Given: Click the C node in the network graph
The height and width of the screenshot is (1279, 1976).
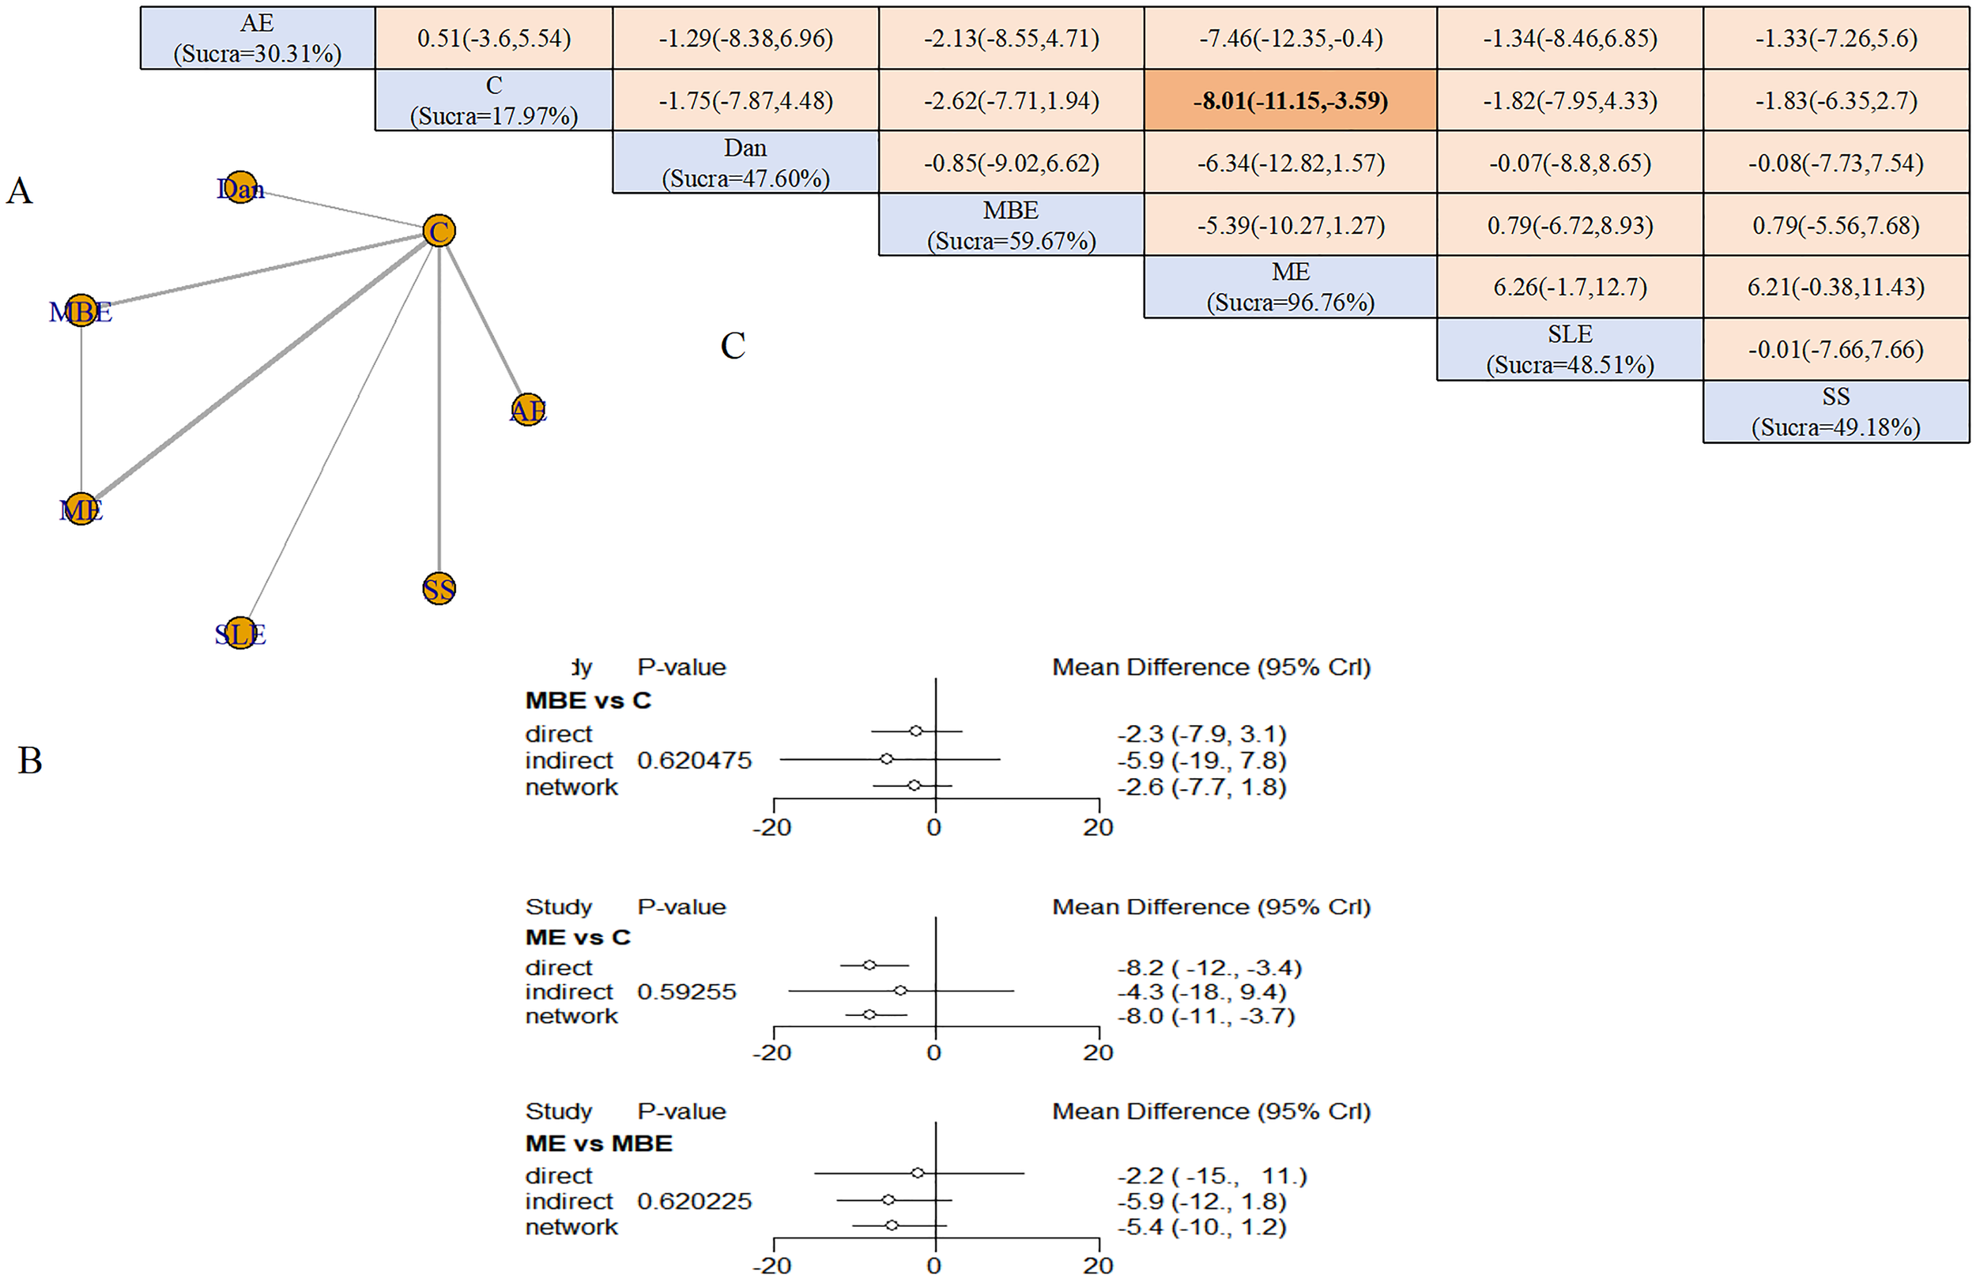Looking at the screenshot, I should pos(439,230).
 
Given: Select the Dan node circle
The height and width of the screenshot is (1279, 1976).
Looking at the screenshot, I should pos(241,187).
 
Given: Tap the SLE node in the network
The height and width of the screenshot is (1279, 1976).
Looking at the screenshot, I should pos(241,634).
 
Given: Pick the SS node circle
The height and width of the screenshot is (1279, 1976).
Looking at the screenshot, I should pos(439,589).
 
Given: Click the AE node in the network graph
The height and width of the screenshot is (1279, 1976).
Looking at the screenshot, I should pos(528,409).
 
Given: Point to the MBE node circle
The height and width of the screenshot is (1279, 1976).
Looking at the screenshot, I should pos(81,310).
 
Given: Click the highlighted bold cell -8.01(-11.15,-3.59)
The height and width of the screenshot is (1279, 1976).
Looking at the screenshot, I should pos(1289,100).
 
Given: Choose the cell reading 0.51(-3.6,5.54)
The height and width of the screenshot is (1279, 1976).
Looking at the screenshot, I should pos(493,38).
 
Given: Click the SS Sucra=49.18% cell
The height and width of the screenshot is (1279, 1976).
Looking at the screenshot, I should pos(1835,412).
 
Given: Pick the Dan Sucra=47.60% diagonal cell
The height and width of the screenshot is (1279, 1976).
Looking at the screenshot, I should pos(745,163).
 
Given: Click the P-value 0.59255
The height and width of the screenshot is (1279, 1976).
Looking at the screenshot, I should pos(686,991).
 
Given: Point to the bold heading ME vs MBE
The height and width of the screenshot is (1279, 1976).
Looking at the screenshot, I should pos(598,1144).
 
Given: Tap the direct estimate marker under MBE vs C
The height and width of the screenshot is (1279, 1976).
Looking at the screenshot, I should pos(915,732).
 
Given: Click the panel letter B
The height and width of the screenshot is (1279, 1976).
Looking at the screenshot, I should pos(30,760).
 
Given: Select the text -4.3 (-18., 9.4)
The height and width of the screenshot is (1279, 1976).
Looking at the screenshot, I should pos(1201,991).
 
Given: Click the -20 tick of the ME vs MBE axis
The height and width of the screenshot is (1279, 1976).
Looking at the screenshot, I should pos(772,1265).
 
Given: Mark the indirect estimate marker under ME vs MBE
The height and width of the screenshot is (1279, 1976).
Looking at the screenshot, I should pos(888,1199).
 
